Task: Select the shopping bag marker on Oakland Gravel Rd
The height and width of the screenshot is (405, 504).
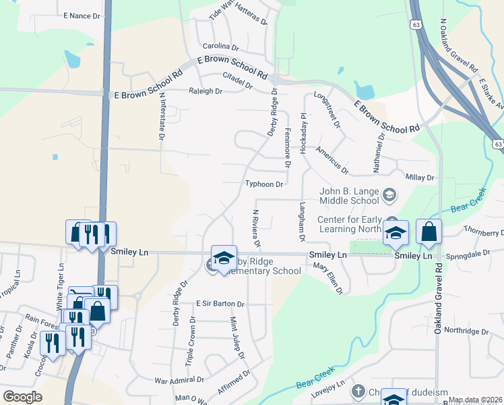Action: point(429,233)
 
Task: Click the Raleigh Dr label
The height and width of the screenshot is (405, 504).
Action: point(206,90)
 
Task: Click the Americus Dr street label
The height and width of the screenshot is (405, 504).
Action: point(332,161)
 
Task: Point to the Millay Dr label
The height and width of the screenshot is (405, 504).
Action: point(420,177)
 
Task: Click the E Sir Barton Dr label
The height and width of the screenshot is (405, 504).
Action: point(220,304)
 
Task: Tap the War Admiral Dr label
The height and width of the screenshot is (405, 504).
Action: point(179,381)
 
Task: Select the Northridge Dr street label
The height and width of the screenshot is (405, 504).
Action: point(466,331)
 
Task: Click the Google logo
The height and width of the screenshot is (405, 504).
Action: point(22,397)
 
